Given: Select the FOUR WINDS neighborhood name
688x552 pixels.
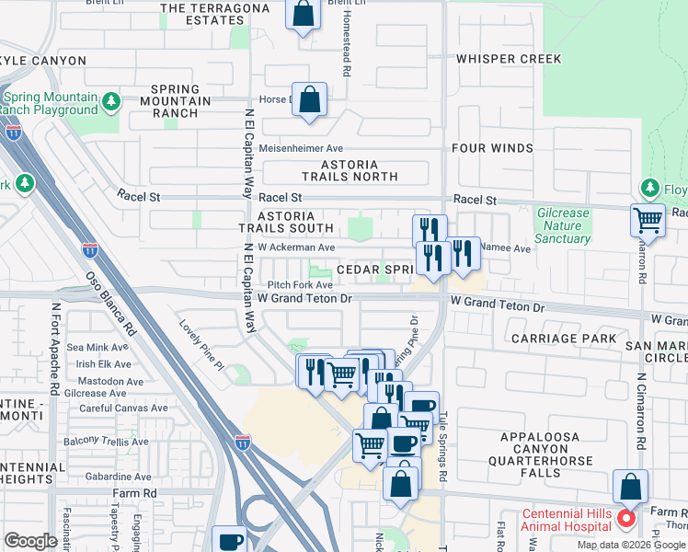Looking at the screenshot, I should click(492, 148).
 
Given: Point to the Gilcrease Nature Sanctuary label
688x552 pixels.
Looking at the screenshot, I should click(563, 225).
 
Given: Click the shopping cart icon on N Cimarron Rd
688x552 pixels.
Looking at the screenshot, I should click(648, 221).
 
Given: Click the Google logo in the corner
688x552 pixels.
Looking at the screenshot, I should click(30, 541).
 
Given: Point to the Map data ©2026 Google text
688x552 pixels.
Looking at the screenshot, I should click(630, 545).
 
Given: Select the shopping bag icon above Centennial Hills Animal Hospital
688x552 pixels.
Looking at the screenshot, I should click(630, 487).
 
